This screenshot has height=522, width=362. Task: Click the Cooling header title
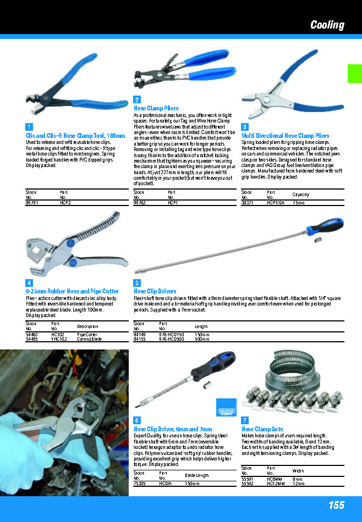327,25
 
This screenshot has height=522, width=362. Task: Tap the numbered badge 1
29,127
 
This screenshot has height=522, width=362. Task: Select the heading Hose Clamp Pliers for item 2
156,109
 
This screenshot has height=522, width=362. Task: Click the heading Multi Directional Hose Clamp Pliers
286,136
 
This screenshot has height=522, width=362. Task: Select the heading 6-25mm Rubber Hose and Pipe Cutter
72,291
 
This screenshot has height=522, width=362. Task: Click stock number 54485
32,339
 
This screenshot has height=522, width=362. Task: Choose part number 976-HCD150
169,334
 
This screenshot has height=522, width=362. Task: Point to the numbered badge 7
245,420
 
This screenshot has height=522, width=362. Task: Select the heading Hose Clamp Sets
262,429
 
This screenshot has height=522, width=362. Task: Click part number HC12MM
276,484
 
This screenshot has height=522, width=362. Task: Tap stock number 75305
140,484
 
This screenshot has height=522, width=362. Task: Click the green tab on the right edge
354,73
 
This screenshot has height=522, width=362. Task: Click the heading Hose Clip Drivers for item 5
155,291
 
